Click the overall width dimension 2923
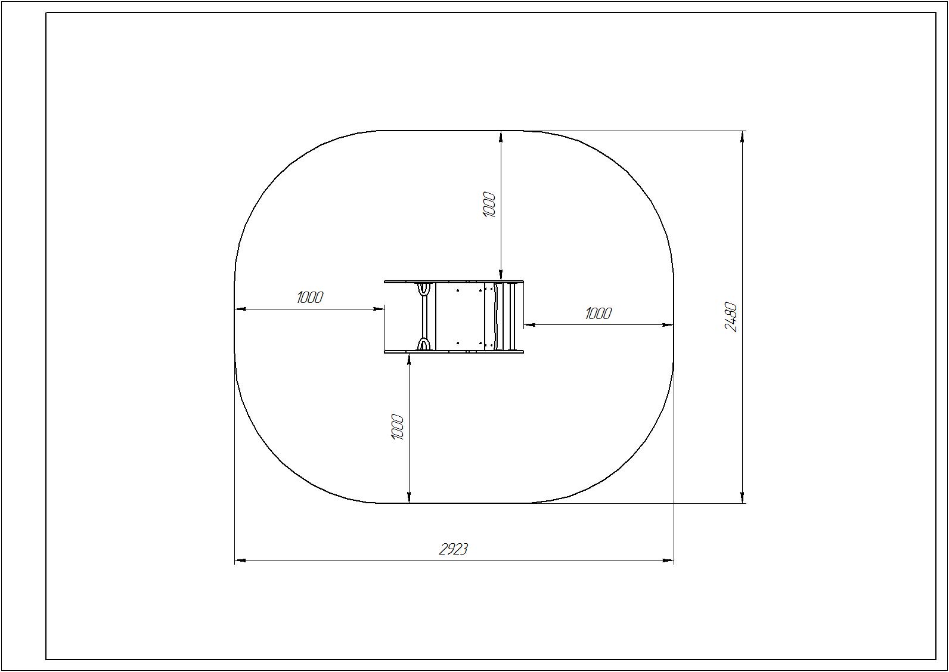click(453, 549)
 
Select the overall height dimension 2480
click(731, 317)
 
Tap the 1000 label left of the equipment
click(310, 298)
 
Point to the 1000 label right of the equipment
click(598, 314)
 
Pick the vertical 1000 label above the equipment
click(489, 205)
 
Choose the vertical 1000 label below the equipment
click(398, 427)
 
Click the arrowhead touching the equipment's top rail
click(501, 275)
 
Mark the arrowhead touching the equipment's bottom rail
click(409, 358)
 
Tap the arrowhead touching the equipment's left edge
click(379, 309)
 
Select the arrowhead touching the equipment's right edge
click(530, 325)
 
